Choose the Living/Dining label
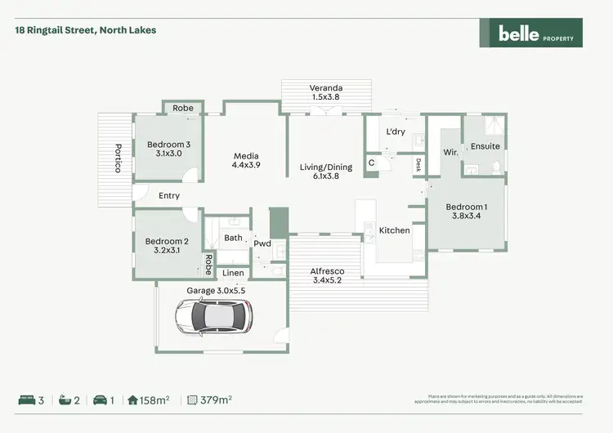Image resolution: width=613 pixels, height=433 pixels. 325,172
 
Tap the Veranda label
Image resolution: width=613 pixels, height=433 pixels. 325,92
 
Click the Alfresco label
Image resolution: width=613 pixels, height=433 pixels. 326,275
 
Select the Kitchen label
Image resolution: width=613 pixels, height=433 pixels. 394,230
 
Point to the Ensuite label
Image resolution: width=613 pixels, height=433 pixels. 485,146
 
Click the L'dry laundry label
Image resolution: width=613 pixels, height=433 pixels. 396,132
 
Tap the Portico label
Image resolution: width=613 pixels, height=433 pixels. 118,157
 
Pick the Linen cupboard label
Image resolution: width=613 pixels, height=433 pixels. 233,273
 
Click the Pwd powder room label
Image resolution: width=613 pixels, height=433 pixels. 262,243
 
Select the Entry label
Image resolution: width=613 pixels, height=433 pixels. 169,196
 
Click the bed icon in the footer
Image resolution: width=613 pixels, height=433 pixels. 26,400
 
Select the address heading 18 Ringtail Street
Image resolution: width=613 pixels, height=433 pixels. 85,30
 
